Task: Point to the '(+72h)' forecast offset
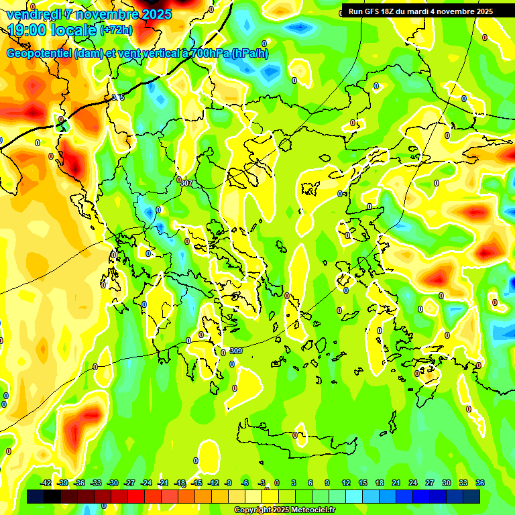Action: [x=116, y=30]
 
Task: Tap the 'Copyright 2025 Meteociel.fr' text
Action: [x=285, y=510]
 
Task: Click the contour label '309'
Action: [x=235, y=351]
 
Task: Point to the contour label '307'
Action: [x=186, y=182]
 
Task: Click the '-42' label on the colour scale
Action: [x=46, y=483]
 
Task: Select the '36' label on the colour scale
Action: [x=480, y=483]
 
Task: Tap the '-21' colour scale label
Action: [x=163, y=483]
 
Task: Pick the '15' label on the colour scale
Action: [x=363, y=483]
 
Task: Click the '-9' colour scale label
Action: [x=229, y=483]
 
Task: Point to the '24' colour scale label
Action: [x=413, y=483]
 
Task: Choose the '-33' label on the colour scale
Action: [x=96, y=483]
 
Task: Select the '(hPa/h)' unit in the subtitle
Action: [x=249, y=54]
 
